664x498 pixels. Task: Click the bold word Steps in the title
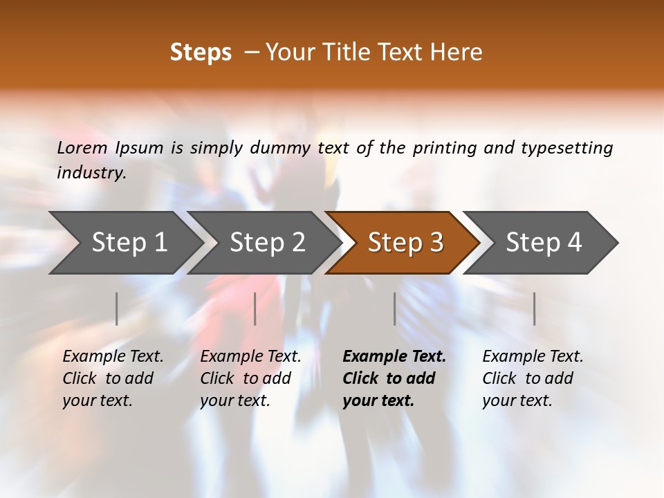[x=201, y=53]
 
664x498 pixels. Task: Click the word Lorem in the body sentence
[x=82, y=147]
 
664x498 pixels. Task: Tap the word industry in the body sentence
[x=91, y=172]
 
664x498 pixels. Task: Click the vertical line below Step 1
[x=117, y=308]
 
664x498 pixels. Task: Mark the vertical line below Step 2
[x=255, y=308]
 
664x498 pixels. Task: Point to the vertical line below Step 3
[x=394, y=308]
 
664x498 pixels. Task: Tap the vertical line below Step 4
[x=534, y=308]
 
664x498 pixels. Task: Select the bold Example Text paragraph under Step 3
[x=394, y=378]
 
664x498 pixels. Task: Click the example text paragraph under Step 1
[x=113, y=378]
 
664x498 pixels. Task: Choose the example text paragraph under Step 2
[x=250, y=378]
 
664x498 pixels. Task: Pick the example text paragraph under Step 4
[x=533, y=378]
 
